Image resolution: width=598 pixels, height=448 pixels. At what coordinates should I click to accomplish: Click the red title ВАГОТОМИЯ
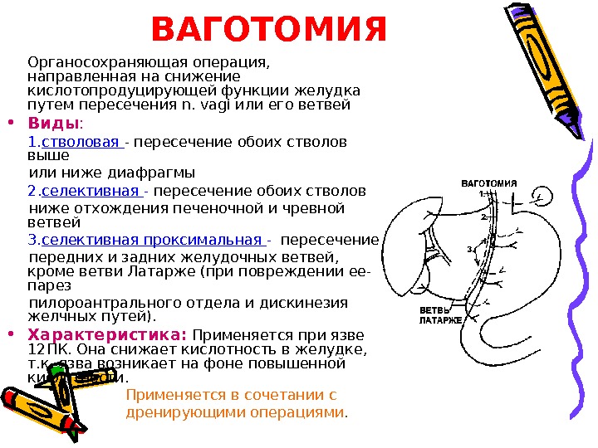pos(270,30)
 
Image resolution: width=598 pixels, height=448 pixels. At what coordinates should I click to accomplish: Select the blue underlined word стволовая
pos(81,141)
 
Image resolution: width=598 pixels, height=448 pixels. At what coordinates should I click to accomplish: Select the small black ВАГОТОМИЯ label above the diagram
pos(489,183)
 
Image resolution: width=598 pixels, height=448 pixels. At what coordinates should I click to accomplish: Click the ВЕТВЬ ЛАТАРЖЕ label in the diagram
pos(439,314)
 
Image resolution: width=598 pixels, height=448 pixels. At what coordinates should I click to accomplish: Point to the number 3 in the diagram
pos(470,249)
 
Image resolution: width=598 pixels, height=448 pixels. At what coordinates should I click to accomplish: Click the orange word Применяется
pos(171,395)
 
